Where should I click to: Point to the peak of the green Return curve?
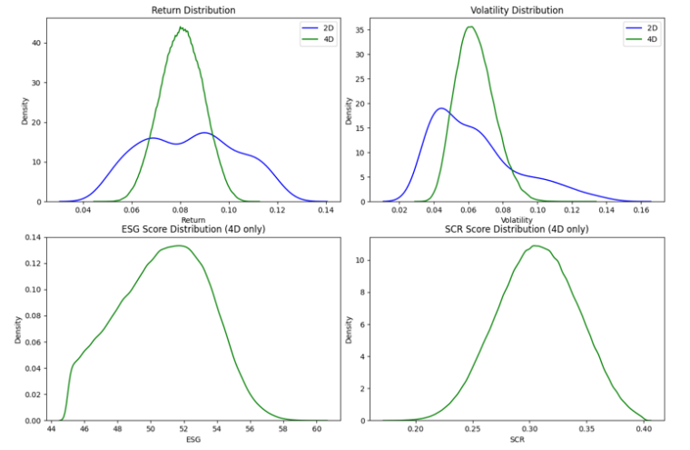click(182, 27)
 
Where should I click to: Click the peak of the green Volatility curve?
click(469, 26)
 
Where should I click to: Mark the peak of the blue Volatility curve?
click(440, 108)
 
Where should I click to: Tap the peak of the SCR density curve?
click(536, 245)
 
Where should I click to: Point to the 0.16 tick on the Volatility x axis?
click(641, 211)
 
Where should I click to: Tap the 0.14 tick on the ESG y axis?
click(31, 237)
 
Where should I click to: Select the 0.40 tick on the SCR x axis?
click(644, 429)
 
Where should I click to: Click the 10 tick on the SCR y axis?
click(361, 259)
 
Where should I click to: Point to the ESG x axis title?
click(192, 440)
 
